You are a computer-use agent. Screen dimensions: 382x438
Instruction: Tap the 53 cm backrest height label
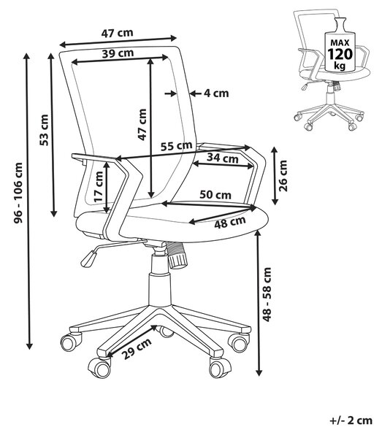[x=44, y=130]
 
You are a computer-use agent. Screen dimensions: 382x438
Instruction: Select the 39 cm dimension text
[x=118, y=53]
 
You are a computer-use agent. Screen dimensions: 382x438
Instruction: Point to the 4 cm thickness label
[x=216, y=93]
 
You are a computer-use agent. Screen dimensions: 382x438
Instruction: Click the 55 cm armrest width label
[x=176, y=146]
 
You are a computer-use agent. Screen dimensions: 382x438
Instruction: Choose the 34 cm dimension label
[x=223, y=158]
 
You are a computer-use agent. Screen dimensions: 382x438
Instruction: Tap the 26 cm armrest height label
[x=283, y=176]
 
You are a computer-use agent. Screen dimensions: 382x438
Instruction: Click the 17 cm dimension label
[x=99, y=187]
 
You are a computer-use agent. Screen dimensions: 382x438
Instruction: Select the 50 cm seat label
[x=215, y=194]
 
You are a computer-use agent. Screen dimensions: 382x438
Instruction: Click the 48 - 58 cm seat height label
[x=267, y=294]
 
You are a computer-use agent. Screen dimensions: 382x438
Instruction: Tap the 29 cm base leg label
[x=137, y=349]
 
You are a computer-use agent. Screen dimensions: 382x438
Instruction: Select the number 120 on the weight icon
[x=340, y=54]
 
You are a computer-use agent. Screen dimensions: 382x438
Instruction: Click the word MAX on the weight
[x=340, y=43]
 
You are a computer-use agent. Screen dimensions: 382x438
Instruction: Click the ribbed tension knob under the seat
[x=176, y=255]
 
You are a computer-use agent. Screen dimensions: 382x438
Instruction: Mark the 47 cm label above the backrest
[x=117, y=34]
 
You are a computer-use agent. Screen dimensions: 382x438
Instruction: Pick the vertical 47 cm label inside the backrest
[x=142, y=125]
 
